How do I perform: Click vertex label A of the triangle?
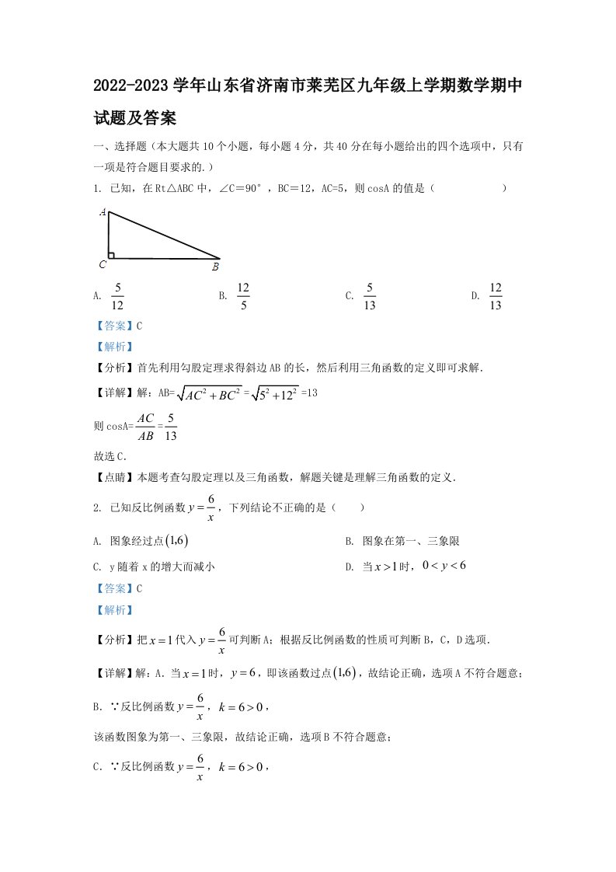pyautogui.click(x=103, y=211)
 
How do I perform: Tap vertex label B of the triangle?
pyautogui.click(x=215, y=267)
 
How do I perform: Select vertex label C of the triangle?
pyautogui.click(x=102, y=264)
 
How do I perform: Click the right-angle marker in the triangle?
pyautogui.click(x=112, y=254)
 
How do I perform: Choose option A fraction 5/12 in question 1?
pyautogui.click(x=118, y=296)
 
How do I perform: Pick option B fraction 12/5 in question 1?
pyautogui.click(x=243, y=296)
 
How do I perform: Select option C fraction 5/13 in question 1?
pyautogui.click(x=370, y=296)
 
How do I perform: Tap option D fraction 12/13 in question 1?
pyautogui.click(x=496, y=296)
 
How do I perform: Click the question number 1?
pyautogui.click(x=96, y=188)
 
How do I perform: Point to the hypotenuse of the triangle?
pyautogui.click(x=165, y=235)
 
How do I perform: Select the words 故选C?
pyautogui.click(x=110, y=456)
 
